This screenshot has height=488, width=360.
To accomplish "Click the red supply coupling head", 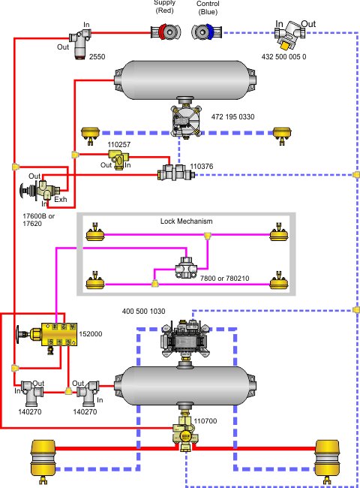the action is click(x=166, y=32).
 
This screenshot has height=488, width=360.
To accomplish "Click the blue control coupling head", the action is click(x=207, y=32).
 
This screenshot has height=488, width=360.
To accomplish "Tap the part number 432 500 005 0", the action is click(x=283, y=56).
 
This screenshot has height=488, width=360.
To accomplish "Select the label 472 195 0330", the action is click(x=232, y=116).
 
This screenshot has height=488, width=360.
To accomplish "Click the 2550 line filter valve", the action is click(x=80, y=44).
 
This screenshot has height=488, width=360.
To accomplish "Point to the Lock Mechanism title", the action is click(x=187, y=221).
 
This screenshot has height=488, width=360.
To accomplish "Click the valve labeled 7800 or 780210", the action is click(x=186, y=267).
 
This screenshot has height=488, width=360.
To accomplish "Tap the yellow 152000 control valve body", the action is click(x=59, y=334).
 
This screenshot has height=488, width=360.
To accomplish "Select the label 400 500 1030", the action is click(x=144, y=312).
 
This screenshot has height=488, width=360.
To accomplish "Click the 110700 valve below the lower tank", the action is click(x=185, y=433).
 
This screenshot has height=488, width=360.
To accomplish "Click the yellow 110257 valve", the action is click(x=118, y=159).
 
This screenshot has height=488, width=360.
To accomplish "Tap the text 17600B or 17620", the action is click(x=38, y=220).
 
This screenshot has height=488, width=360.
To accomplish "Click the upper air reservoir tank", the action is click(x=185, y=80).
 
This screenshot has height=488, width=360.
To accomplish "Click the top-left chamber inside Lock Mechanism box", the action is click(x=95, y=233).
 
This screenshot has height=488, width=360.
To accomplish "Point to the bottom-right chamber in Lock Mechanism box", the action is click(x=279, y=281).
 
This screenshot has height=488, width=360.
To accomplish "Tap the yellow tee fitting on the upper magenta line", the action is click(x=208, y=236).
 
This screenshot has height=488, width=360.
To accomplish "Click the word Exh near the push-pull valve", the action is click(x=61, y=199).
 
